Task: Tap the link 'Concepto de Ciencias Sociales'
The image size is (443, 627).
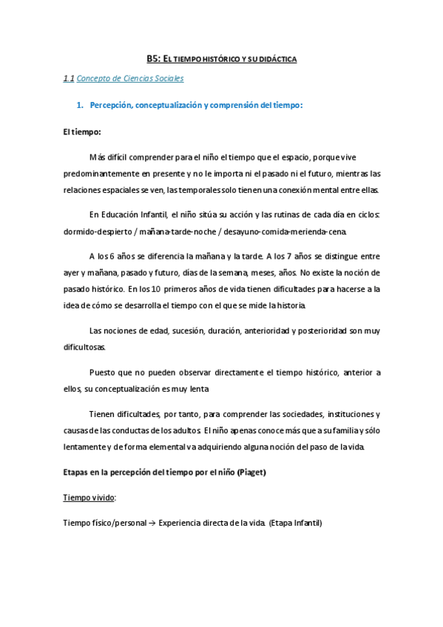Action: [x=130, y=78]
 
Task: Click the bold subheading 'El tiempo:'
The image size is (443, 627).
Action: [x=82, y=132]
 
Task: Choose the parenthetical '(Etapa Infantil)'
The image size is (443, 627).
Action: [x=296, y=523]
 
